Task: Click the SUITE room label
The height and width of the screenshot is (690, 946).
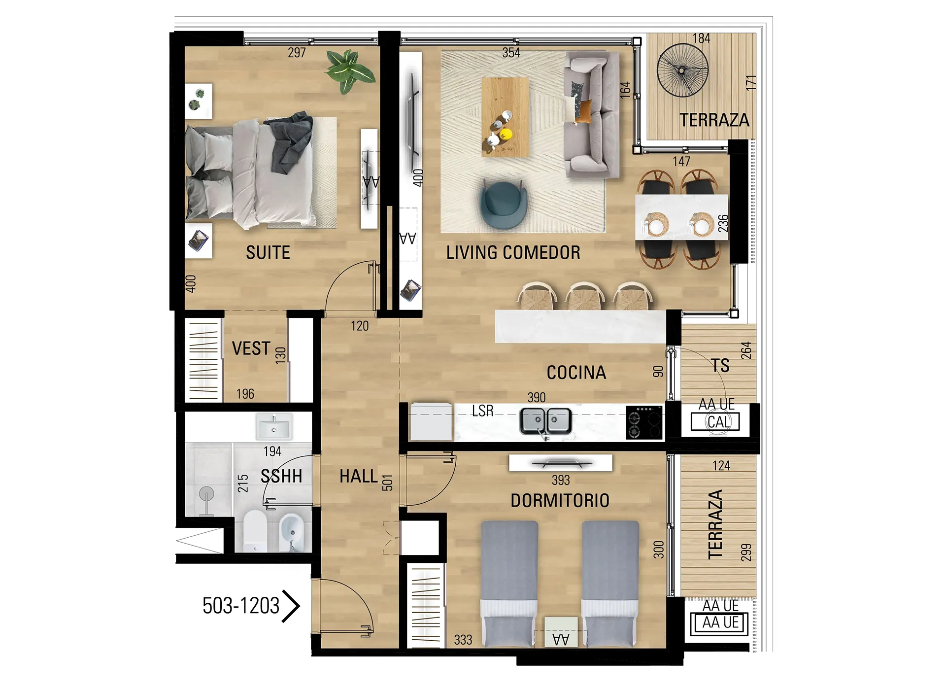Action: (268, 253)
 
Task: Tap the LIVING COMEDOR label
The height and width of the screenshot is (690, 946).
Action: (513, 252)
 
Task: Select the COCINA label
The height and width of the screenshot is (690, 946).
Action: (576, 373)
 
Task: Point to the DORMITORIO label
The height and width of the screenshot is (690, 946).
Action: (560, 501)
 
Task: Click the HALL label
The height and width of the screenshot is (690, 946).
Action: (359, 477)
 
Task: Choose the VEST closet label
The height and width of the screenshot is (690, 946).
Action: (251, 349)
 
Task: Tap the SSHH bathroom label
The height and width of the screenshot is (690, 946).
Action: (281, 476)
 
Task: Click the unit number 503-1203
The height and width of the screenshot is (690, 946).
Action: (241, 606)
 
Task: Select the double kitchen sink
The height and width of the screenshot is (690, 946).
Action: (546, 421)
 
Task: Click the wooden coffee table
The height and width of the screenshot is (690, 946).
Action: (505, 117)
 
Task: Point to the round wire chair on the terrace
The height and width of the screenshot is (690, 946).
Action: (683, 70)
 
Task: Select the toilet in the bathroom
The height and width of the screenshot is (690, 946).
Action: (255, 531)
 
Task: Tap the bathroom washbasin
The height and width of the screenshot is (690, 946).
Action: (274, 426)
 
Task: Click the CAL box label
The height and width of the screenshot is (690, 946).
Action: (718, 422)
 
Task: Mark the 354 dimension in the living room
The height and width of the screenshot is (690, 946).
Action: (511, 53)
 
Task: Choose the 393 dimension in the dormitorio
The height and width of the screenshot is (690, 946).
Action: (561, 480)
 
